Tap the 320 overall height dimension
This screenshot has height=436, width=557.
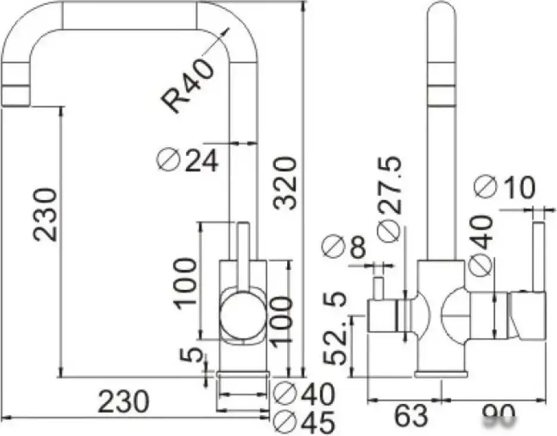tap(285, 183)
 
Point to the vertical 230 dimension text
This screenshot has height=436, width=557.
tap(46, 214)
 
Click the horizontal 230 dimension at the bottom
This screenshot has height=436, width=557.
tap(123, 402)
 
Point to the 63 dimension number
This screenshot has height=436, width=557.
tap(411, 416)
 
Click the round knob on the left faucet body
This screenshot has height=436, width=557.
tap(242, 315)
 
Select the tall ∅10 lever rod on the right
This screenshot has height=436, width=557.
tap(539, 256)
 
